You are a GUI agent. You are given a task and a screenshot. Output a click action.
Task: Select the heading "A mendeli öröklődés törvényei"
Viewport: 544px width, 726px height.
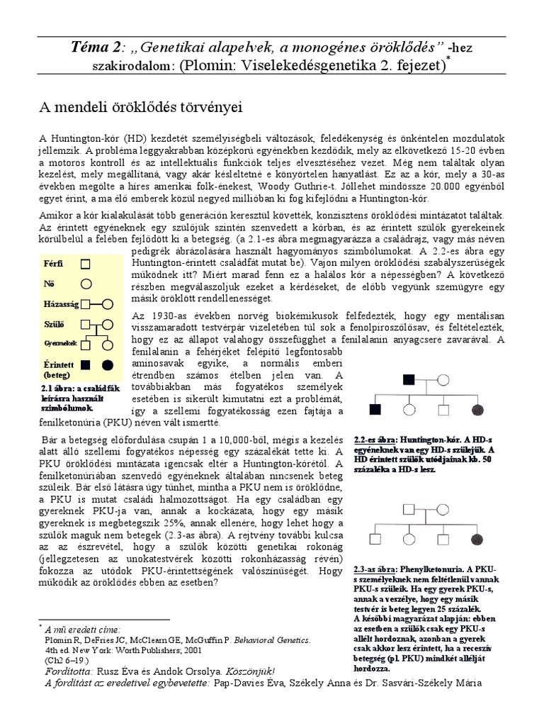click(140, 107)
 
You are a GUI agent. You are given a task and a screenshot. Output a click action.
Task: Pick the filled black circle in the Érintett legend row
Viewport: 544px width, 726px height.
click(108, 366)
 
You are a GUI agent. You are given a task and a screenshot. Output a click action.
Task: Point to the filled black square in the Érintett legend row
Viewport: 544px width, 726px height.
click(86, 366)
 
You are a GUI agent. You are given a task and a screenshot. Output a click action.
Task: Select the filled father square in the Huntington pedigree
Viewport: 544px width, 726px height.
click(409, 379)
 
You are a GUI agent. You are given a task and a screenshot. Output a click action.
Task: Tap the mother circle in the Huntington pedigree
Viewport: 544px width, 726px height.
click(443, 379)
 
